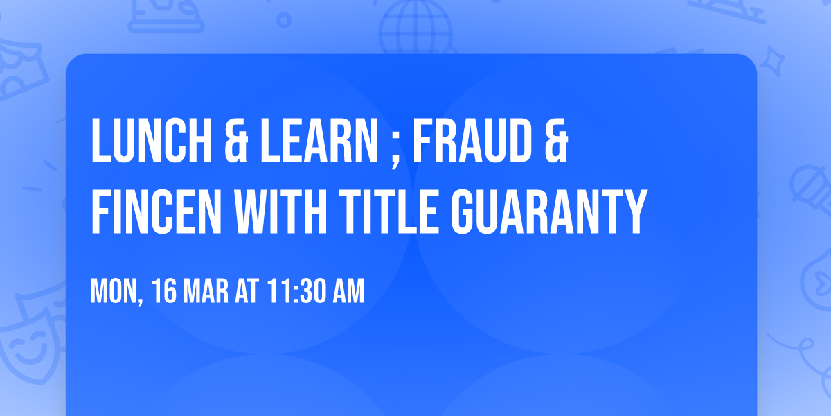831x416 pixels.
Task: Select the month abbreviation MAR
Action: (x=207, y=292)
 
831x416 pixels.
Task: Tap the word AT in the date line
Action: (x=247, y=292)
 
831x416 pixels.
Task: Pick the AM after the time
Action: (x=348, y=292)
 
